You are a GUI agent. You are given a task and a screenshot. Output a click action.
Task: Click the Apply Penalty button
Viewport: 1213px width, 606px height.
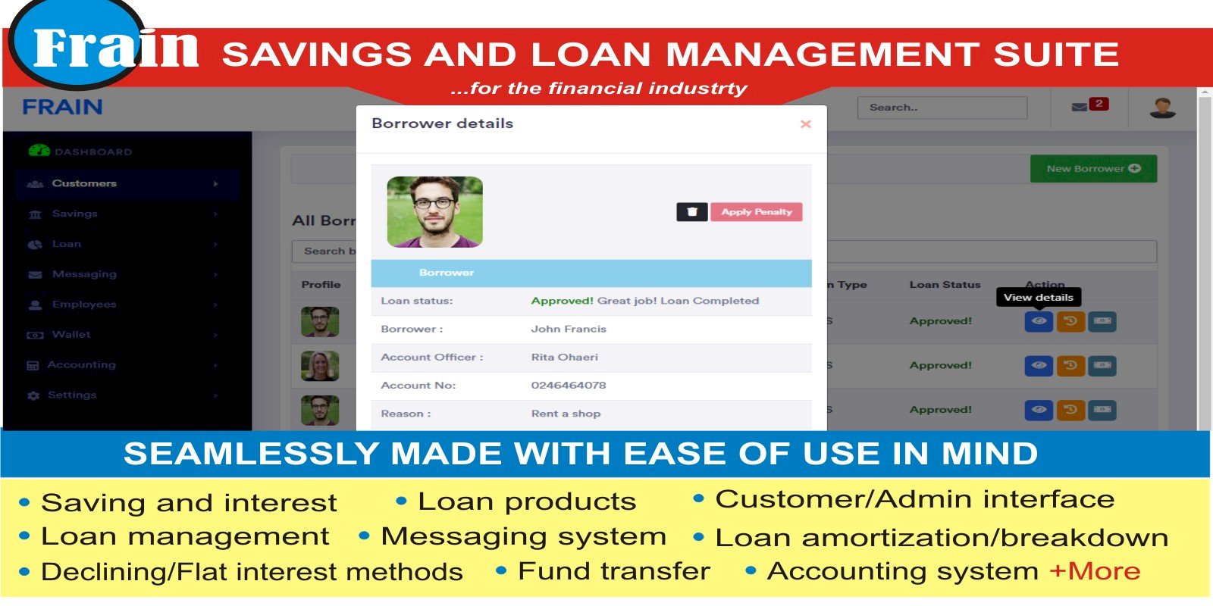pos(757,211)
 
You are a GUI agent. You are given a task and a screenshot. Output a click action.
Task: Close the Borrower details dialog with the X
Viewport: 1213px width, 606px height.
pos(805,124)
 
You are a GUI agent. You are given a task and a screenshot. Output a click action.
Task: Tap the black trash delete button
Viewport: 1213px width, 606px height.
pos(692,211)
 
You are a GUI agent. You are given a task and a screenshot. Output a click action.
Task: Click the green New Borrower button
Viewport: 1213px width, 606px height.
pos(1093,169)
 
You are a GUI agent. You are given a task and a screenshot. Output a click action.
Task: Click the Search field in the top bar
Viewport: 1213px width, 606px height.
pos(942,108)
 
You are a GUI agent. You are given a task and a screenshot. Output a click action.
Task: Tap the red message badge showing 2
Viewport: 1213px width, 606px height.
pos(1099,104)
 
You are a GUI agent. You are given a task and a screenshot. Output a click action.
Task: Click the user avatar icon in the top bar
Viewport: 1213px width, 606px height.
pos(1162,108)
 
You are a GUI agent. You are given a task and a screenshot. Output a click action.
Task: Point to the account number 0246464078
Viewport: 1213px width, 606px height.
pos(569,386)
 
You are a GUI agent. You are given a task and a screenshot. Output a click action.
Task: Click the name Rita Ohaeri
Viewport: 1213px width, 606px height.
pos(565,357)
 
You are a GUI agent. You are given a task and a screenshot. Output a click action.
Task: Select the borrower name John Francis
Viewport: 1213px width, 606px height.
pos(569,329)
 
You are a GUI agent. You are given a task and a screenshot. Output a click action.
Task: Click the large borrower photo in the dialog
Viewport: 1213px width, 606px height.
pos(435,212)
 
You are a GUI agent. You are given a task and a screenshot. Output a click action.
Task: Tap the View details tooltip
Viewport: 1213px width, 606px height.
pos(1039,298)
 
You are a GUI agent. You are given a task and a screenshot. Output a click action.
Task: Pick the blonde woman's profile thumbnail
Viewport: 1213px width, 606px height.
pos(320,366)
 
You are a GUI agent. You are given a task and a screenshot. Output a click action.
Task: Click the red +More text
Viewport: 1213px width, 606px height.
pos(1095,571)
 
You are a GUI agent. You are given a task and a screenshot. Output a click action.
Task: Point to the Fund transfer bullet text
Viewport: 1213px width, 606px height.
pos(614,571)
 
